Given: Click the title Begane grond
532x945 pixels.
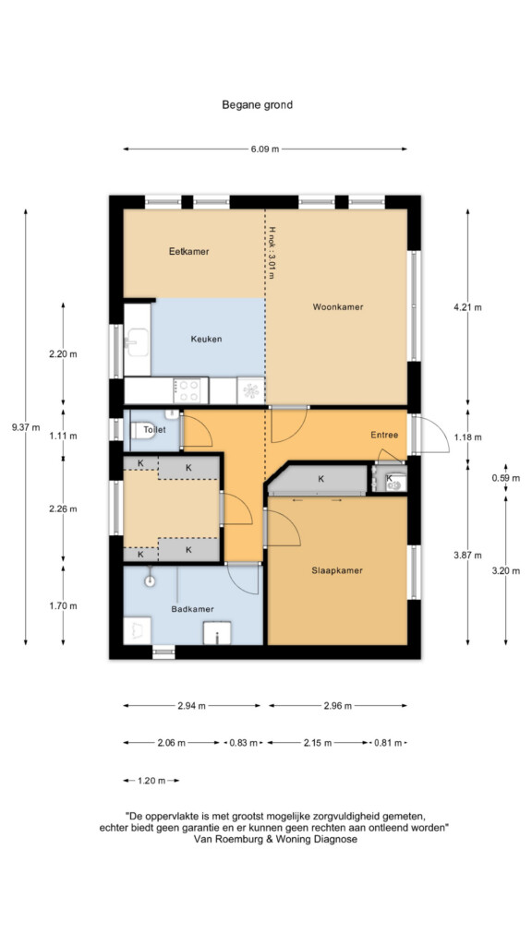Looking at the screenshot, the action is point(257,105).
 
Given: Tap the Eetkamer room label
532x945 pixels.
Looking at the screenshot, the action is point(188,252).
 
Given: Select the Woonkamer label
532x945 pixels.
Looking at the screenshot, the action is point(338,306).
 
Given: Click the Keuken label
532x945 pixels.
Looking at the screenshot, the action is point(206,339).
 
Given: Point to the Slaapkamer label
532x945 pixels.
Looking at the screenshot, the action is point(337,570).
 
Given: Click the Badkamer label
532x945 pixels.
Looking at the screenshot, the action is point(192,609).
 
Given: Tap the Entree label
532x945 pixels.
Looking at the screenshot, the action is point(384,435).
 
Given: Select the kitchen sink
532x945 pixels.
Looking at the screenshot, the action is point(137,342).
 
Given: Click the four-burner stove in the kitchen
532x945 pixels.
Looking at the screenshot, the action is point(187,390).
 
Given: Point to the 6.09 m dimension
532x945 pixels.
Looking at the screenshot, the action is point(265,149).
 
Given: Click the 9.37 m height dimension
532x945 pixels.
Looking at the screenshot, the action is point(25,428).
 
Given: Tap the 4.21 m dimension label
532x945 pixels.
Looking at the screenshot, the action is point(468,307).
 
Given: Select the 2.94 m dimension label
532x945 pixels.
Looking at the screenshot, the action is point(192,706).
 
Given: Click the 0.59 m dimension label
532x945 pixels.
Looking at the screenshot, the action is point(505,479).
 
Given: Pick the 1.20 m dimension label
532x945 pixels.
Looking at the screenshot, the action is point(151,781).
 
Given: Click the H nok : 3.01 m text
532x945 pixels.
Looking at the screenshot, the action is point(272,253).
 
